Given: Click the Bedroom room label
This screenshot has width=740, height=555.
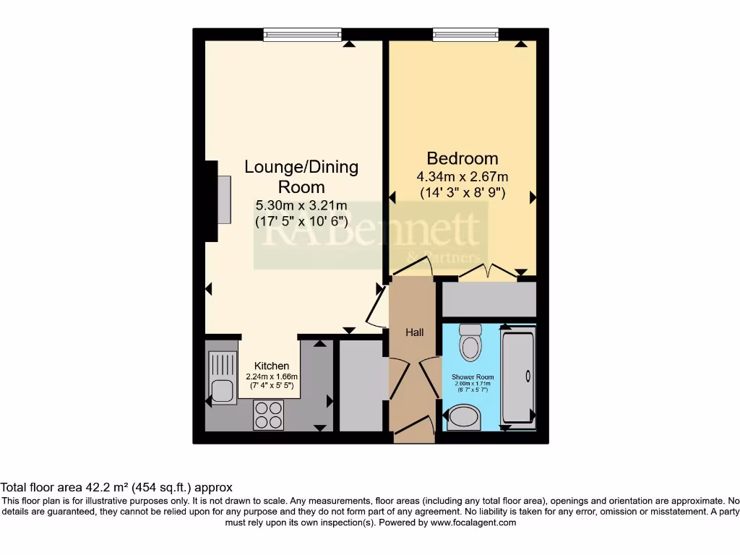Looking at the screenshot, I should [x=462, y=158].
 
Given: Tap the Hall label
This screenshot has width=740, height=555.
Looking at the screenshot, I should [x=414, y=332].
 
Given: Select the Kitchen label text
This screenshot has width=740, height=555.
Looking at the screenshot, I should [x=271, y=366].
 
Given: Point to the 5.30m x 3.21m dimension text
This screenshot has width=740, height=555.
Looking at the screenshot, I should [x=301, y=206].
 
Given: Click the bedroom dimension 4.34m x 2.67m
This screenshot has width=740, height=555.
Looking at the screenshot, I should [x=462, y=177].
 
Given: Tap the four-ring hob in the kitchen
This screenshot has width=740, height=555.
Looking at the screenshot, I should [x=268, y=416].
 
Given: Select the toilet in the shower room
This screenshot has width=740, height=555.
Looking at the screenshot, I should [x=470, y=342].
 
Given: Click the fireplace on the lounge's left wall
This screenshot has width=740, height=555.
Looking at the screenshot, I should [x=220, y=200].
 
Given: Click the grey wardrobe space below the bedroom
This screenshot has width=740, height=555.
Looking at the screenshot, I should [x=489, y=299].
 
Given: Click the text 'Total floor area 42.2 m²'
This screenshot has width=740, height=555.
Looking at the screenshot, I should [x=65, y=488].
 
